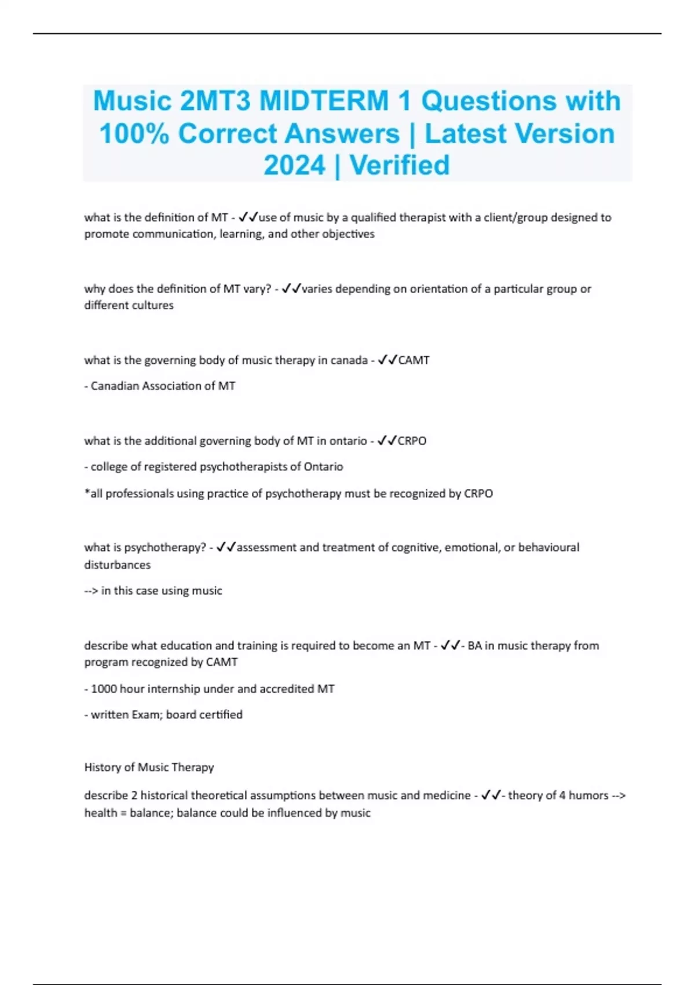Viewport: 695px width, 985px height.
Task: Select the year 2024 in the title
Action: (x=294, y=166)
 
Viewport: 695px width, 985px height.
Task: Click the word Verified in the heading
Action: (x=400, y=166)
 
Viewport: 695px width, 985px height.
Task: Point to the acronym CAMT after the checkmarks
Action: (x=414, y=360)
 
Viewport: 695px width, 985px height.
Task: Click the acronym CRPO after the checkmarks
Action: (x=412, y=441)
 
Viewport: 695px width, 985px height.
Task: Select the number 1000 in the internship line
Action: (x=104, y=689)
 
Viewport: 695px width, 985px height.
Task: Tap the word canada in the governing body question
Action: (x=349, y=360)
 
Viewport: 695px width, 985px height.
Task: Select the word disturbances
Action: (x=117, y=565)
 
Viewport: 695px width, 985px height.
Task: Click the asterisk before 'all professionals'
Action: (x=87, y=493)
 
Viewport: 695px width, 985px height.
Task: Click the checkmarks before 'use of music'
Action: (x=248, y=218)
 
